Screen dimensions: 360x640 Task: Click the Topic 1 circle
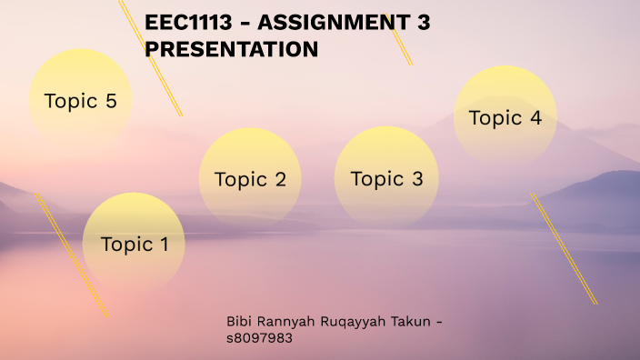(x=134, y=243)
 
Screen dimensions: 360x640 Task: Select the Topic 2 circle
(x=250, y=178)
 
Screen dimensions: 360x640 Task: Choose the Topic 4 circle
(x=505, y=117)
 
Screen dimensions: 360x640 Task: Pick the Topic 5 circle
(x=80, y=100)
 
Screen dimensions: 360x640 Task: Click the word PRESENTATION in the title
(x=232, y=50)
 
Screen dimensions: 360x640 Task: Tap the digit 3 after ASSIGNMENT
(x=424, y=25)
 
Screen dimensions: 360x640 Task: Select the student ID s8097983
(x=259, y=338)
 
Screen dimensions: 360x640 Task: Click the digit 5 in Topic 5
(x=111, y=101)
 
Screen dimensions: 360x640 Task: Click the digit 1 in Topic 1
(x=164, y=244)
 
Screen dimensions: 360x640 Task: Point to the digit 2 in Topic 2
(x=280, y=179)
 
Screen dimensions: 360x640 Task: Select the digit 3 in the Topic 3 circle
(x=416, y=178)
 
